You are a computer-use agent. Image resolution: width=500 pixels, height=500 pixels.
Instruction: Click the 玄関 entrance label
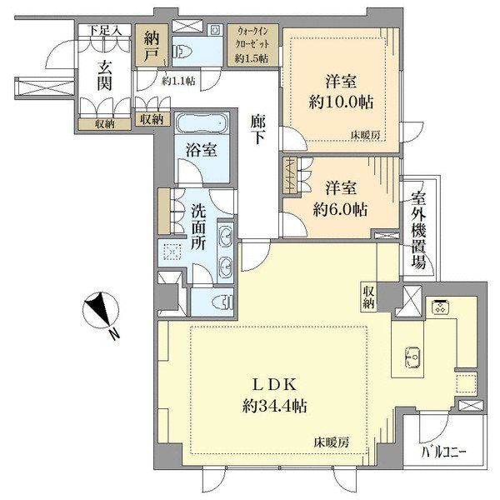tap(105, 76)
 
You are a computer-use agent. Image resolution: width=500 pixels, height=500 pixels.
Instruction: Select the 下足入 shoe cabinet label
tap(105, 31)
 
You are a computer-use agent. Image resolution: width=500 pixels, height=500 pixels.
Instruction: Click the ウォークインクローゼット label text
tap(252, 38)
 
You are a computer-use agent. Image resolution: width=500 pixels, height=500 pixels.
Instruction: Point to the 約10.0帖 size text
tap(341, 102)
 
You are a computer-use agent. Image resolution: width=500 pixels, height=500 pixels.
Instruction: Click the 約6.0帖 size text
tap(340, 209)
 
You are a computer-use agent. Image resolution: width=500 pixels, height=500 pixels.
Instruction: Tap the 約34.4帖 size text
tap(274, 407)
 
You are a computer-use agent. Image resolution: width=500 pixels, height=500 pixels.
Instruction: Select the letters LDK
tap(274, 385)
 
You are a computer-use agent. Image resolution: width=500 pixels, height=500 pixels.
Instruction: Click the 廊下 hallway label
tap(257, 129)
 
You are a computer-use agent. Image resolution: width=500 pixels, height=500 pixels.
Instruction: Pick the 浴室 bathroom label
tap(202, 150)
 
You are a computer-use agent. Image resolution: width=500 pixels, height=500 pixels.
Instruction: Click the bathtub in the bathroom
tap(202, 123)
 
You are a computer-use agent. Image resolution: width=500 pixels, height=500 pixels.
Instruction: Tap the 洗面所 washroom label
tap(198, 227)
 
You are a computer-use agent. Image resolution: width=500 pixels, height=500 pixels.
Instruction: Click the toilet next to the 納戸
tap(180, 52)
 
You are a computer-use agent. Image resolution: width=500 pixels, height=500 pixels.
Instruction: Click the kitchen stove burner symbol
tap(440, 307)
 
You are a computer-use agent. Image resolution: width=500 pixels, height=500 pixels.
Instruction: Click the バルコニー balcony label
tap(444, 452)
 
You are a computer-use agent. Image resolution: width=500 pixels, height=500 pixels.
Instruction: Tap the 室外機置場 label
tap(418, 230)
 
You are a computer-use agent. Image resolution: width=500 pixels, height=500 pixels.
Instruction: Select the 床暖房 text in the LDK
tap(331, 442)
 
